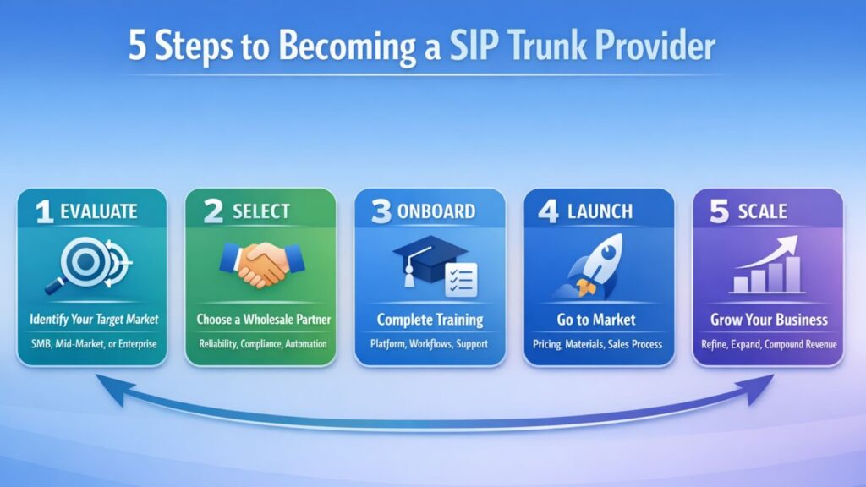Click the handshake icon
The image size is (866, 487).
[x=260, y=264]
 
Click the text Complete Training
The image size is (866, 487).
[x=430, y=320]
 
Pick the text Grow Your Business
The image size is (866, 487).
[x=768, y=320]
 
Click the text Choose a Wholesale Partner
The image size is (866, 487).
[x=260, y=320]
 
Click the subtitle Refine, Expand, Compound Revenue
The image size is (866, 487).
[x=768, y=345]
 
